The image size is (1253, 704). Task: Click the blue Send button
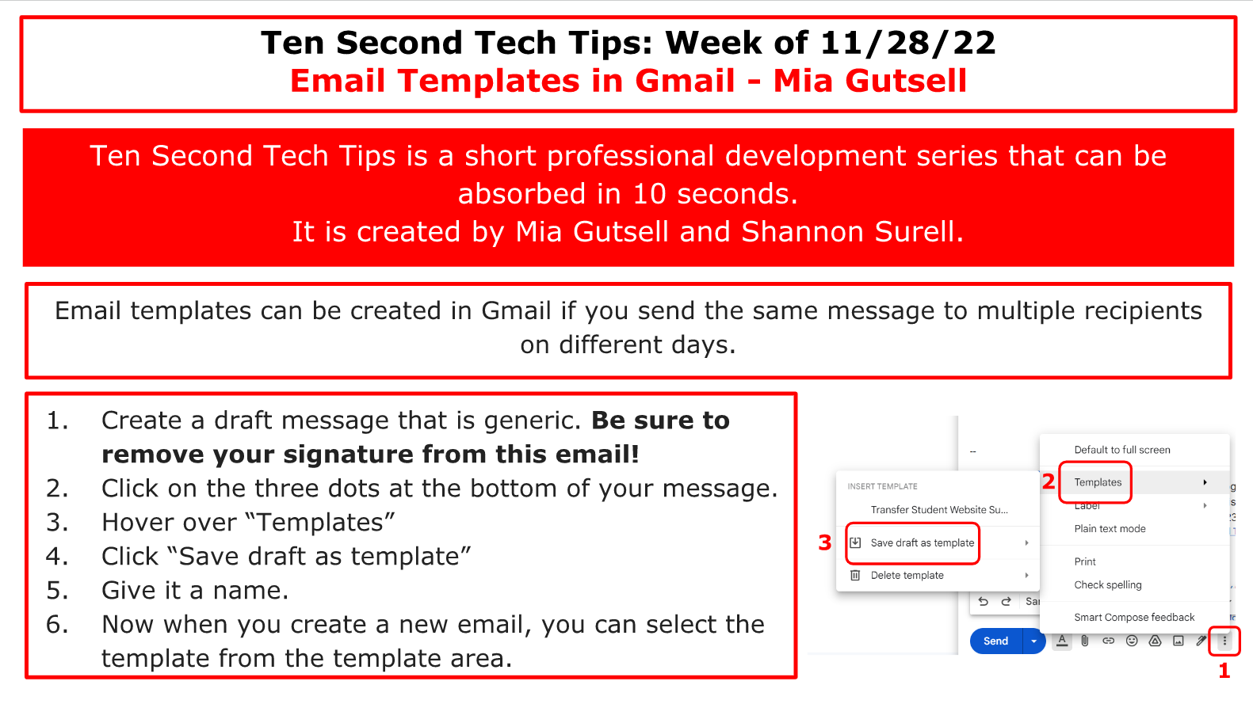pyautogui.click(x=995, y=641)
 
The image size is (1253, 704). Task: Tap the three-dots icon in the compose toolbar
pyautogui.click(x=1224, y=641)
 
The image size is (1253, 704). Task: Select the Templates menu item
pyautogui.click(x=1098, y=482)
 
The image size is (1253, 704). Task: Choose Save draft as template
pyautogui.click(x=923, y=542)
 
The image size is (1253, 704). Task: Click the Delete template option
pyautogui.click(x=907, y=576)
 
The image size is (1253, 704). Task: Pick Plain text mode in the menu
pyautogui.click(x=1110, y=528)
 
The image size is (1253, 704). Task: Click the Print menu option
pyautogui.click(x=1085, y=561)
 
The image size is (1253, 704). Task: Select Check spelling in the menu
pyautogui.click(x=1107, y=585)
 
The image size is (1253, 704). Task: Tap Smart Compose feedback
pyautogui.click(x=1134, y=618)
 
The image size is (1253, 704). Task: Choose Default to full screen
pyautogui.click(x=1121, y=450)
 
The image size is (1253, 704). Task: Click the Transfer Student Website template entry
pyautogui.click(x=939, y=509)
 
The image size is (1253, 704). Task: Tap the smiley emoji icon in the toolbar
pyautogui.click(x=1132, y=641)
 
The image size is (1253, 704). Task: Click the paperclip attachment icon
pyautogui.click(x=1085, y=641)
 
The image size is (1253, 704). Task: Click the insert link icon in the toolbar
pyautogui.click(x=1108, y=641)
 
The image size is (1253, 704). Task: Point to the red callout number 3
pyautogui.click(x=824, y=542)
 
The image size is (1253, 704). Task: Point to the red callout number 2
pyautogui.click(x=1049, y=481)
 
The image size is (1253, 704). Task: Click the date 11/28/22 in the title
pyautogui.click(x=907, y=43)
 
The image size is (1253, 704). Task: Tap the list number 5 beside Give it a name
pyautogui.click(x=57, y=591)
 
